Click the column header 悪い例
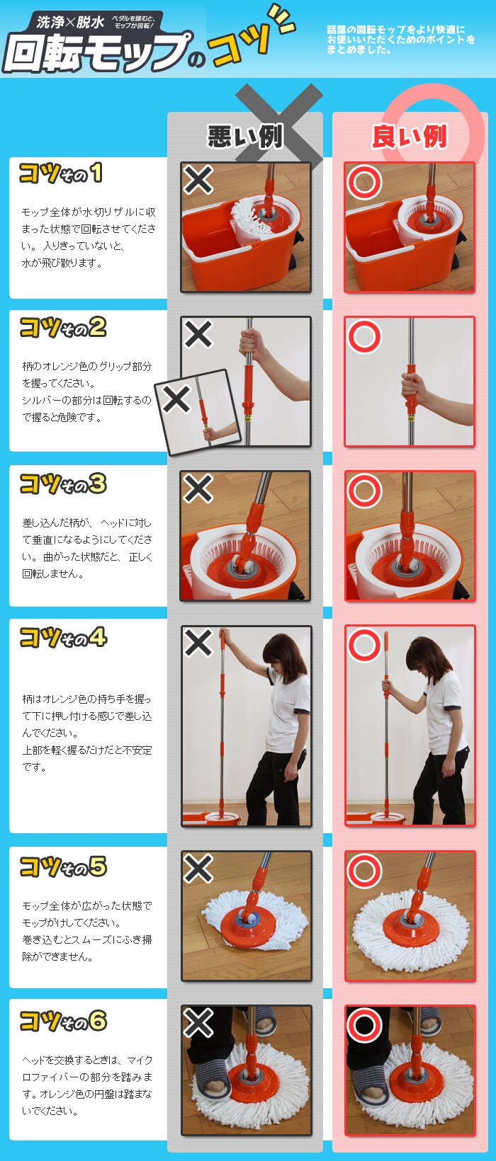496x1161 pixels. click(x=245, y=137)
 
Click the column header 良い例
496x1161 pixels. click(x=410, y=137)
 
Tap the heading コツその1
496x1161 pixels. click(x=61, y=173)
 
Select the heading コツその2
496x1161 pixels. click(x=63, y=328)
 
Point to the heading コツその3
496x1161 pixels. click(x=63, y=484)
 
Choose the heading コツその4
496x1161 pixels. click(x=63, y=638)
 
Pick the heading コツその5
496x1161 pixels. click(x=63, y=867)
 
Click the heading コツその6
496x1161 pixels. click(x=63, y=1020)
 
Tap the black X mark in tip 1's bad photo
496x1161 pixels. click(x=198, y=180)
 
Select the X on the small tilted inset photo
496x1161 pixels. click(x=176, y=399)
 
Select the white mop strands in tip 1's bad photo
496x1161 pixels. click(x=248, y=214)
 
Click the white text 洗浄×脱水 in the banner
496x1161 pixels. click(x=71, y=22)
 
